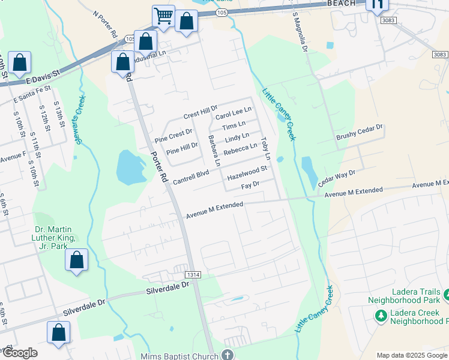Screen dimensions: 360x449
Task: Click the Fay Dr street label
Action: [x=249, y=187]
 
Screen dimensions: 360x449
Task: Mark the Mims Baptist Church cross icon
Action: [x=228, y=355]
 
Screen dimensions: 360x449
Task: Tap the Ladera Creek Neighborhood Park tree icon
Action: [x=380, y=315]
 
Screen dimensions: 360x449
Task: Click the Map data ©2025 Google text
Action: [x=412, y=355]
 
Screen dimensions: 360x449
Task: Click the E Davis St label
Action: [x=44, y=75]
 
